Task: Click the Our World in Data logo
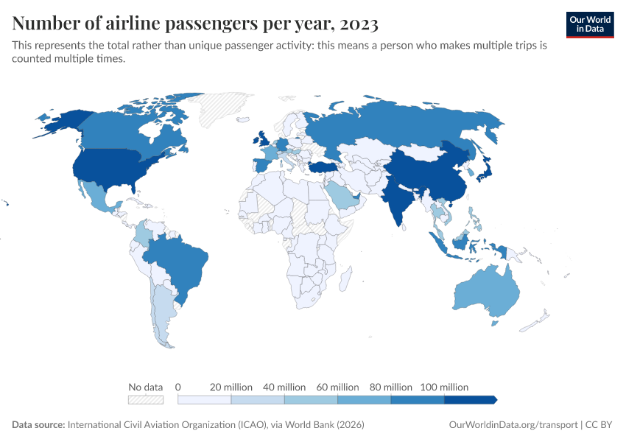tap(589, 24)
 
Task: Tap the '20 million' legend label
tap(231, 387)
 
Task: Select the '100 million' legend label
tap(444, 387)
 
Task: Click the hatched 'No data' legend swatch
tap(145, 399)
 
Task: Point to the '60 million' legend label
tap(337, 387)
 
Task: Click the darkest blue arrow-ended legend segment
tap(471, 399)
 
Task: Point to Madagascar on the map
tap(345, 279)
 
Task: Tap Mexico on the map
tap(96, 196)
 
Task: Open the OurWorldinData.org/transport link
tap(513, 425)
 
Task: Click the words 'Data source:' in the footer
tap(38, 425)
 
